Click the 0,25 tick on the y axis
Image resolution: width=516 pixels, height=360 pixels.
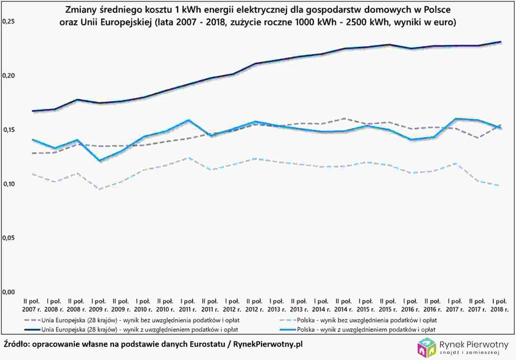click(x=8, y=22)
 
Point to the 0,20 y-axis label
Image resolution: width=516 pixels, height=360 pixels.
click(x=8, y=76)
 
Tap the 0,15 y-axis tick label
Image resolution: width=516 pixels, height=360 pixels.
click(x=8, y=130)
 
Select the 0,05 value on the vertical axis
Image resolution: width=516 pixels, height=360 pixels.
click(x=8, y=238)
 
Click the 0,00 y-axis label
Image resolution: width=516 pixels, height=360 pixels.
click(x=8, y=292)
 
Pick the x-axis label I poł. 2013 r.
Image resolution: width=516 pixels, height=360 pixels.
click(x=276, y=304)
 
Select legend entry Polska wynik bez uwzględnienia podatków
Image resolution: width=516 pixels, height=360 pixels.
click(x=363, y=319)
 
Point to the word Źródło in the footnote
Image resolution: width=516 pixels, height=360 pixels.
click(x=17, y=345)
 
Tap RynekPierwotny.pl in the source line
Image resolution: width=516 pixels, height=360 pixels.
click(x=269, y=345)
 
